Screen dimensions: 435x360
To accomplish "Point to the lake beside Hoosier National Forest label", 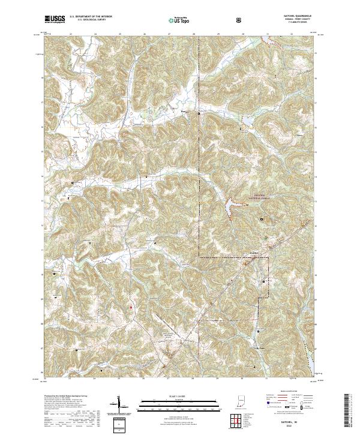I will pos(230,208).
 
